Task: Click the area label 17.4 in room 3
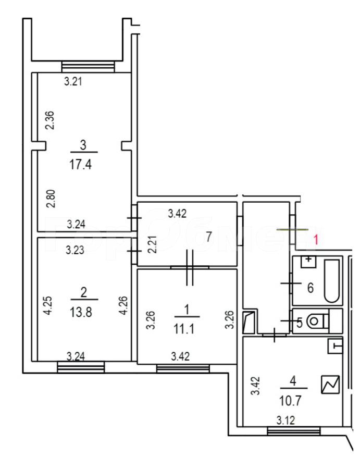coord(80,165)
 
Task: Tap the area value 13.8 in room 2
coord(81,312)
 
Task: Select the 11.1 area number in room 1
coord(184,329)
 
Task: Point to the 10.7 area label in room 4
coord(290,401)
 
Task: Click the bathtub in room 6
coord(332,281)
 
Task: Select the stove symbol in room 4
coord(331,385)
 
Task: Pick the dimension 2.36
coord(50,120)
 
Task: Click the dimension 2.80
coord(51,199)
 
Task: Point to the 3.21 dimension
coord(73,81)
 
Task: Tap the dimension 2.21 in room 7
coord(153,244)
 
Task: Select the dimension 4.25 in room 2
coord(48,305)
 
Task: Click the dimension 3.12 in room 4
coord(285,421)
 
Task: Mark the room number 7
coord(209,237)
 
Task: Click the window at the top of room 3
coord(88,66)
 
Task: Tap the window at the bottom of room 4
coord(294,431)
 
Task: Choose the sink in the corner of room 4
coord(335,347)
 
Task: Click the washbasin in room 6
coord(308,262)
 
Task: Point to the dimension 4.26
coord(123,305)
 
